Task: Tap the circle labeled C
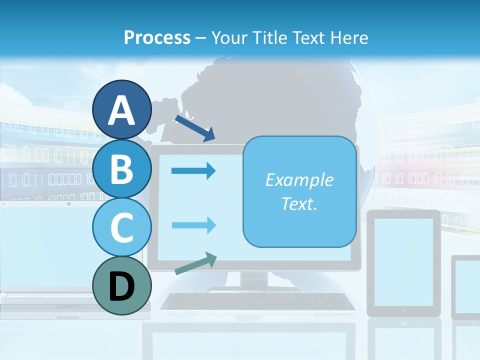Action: [121, 227]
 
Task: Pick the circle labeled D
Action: [121, 285]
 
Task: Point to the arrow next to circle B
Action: [193, 171]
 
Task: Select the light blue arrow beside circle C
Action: [193, 225]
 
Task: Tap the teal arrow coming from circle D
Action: [195, 264]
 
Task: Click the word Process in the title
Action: [157, 37]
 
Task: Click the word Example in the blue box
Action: [299, 179]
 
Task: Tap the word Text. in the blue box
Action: [299, 203]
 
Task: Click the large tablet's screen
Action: [404, 261]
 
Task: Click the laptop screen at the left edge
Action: [45, 245]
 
